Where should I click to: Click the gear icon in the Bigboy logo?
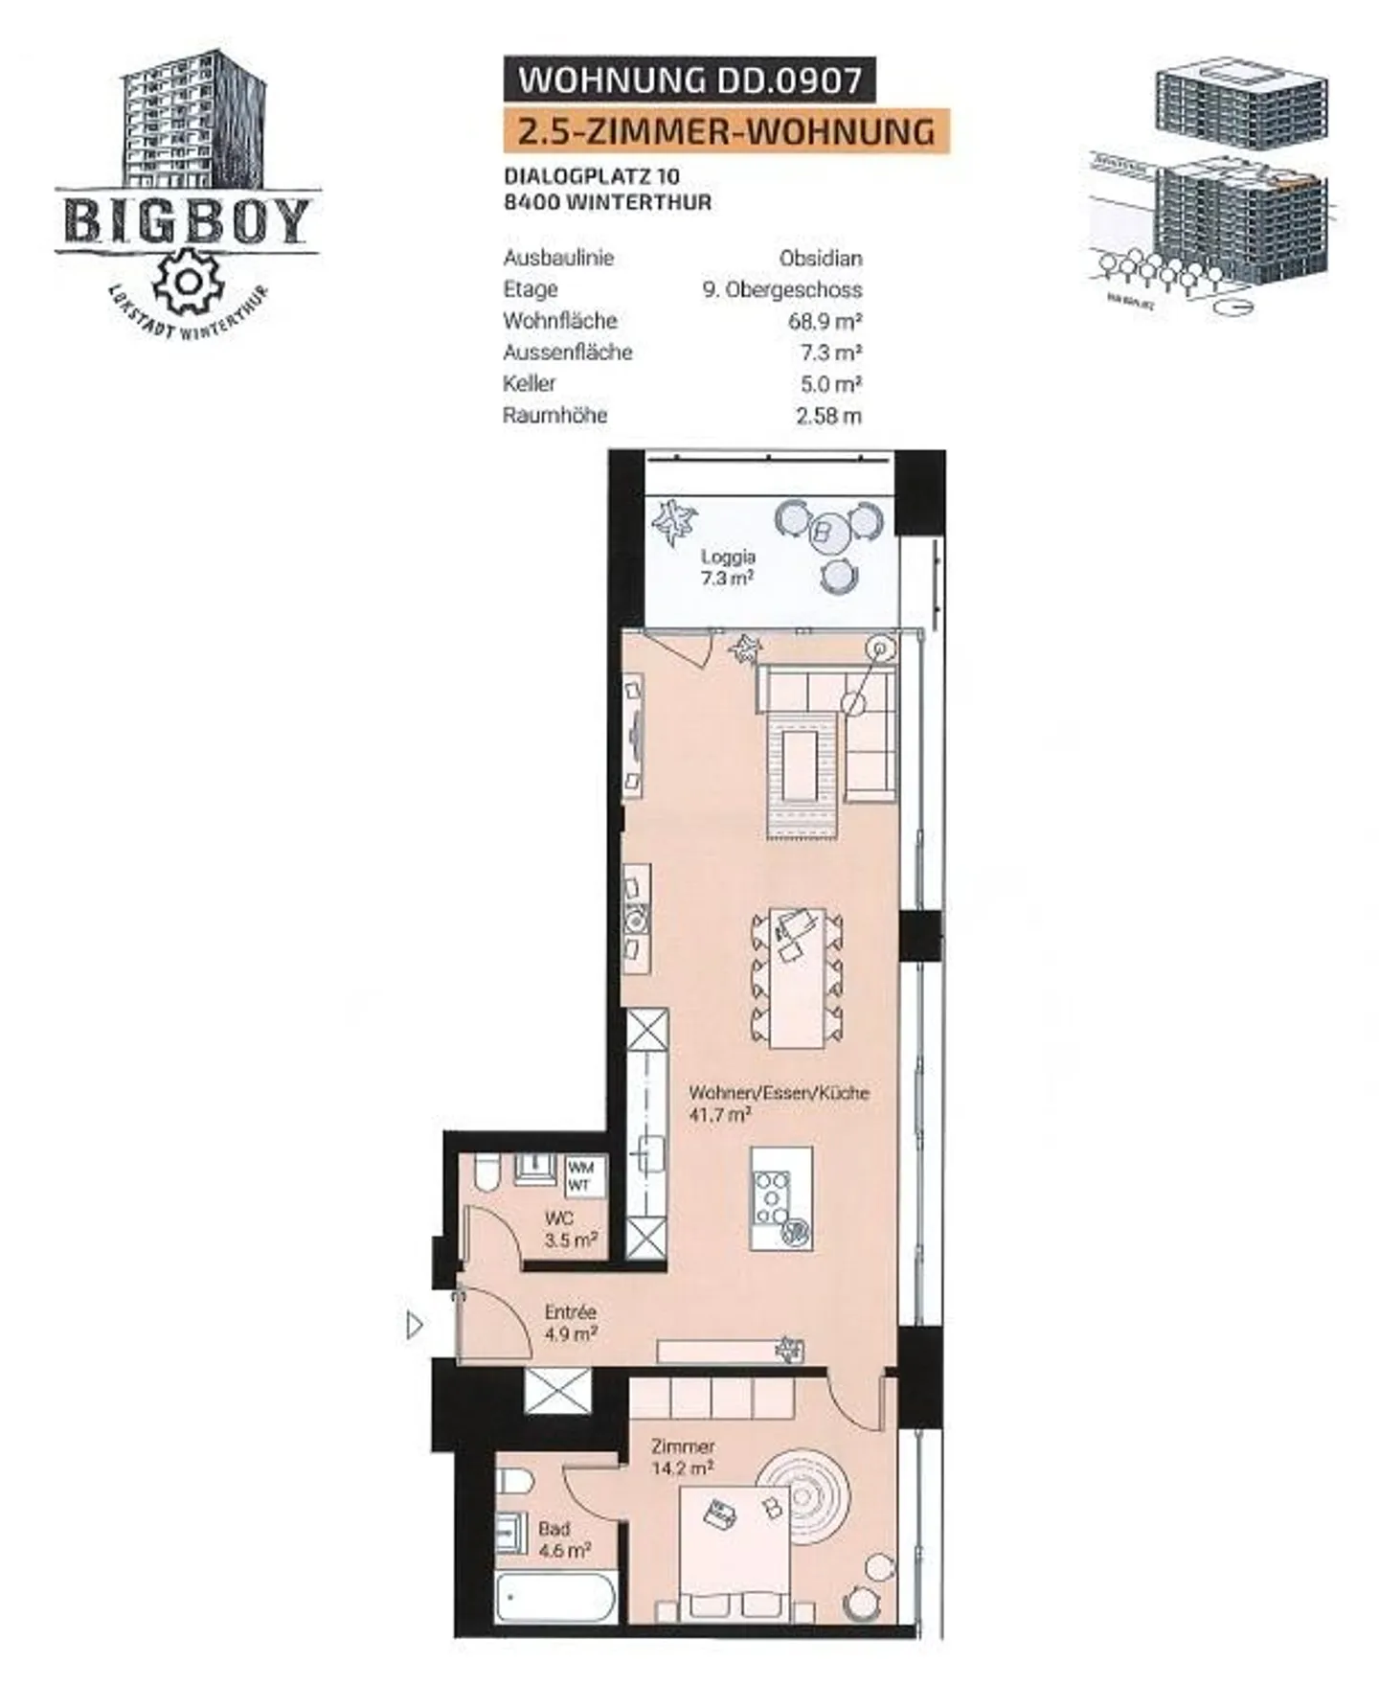188,281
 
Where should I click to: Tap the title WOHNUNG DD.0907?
689,80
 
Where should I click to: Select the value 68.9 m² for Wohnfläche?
825,321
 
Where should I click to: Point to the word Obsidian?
821,259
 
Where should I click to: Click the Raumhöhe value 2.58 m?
828,416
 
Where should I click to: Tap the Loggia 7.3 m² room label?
728,567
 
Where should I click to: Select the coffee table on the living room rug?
803,763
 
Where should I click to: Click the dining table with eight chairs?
798,977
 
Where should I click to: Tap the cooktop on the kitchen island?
772,1196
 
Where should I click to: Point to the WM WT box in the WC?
580,1176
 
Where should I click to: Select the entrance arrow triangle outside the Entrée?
415,1325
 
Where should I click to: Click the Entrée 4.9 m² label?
571,1322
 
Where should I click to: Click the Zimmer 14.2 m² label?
682,1457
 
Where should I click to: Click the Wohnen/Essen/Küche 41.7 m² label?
779,1103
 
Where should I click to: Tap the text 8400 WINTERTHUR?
607,203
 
